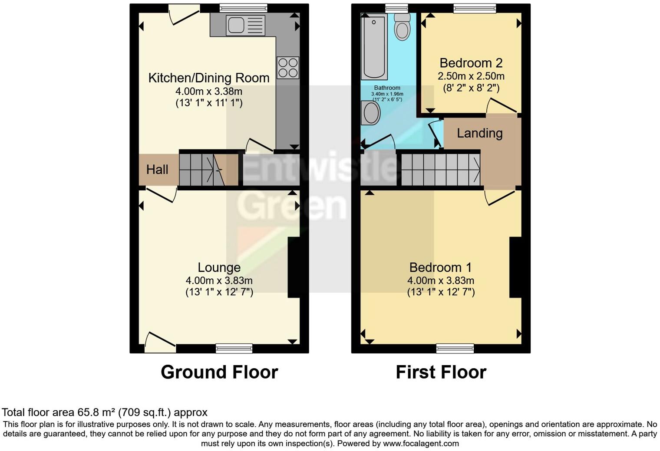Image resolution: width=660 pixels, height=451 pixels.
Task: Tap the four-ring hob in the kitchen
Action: (288, 68)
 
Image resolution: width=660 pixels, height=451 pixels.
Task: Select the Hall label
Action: (157, 170)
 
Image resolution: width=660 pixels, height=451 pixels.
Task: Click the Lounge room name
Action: (219, 268)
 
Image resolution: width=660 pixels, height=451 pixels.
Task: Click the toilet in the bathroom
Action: (403, 27)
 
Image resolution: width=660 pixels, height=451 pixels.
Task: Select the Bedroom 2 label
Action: (471, 63)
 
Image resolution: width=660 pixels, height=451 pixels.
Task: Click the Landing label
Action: (479, 133)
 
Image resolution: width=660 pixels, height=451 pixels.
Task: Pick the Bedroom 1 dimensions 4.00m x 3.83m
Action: (440, 281)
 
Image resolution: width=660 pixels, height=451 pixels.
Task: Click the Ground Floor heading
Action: (219, 372)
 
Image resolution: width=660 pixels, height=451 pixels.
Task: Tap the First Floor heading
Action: (441, 372)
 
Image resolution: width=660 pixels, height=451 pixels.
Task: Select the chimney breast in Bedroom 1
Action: (515, 267)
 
